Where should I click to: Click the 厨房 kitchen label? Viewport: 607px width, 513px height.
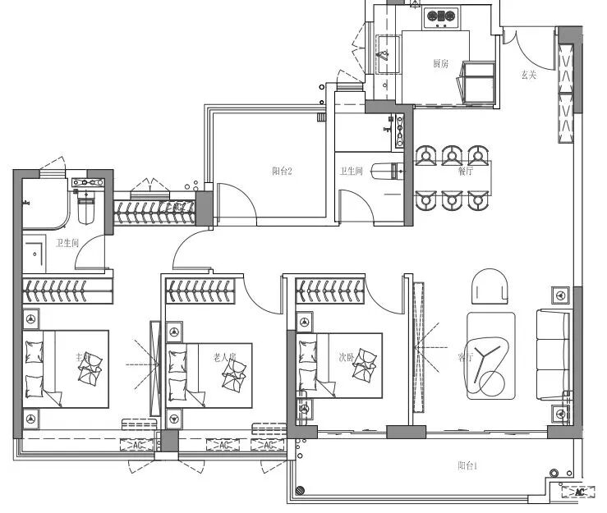click(x=441, y=63)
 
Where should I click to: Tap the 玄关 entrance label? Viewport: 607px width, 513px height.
click(x=528, y=75)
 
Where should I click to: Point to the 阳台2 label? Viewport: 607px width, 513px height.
click(x=283, y=171)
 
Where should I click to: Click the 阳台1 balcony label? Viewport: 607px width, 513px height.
click(x=468, y=465)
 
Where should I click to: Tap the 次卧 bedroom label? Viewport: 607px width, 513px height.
click(x=347, y=358)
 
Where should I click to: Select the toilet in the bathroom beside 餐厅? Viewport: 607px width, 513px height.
click(x=386, y=171)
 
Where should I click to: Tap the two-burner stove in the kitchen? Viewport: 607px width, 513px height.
click(x=441, y=15)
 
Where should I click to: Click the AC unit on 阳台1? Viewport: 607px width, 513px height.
click(x=580, y=492)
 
